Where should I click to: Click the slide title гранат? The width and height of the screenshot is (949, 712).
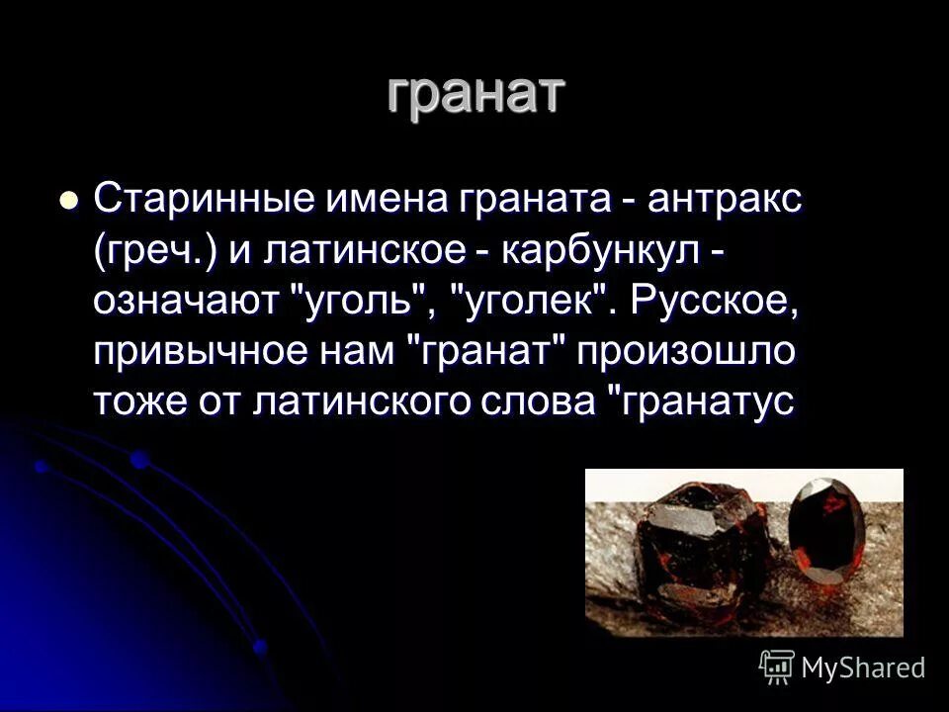[474, 94]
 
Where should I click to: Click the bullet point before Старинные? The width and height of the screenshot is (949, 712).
[68, 199]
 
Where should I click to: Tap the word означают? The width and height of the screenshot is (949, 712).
[189, 300]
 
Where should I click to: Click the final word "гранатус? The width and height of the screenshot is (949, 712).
[698, 402]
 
